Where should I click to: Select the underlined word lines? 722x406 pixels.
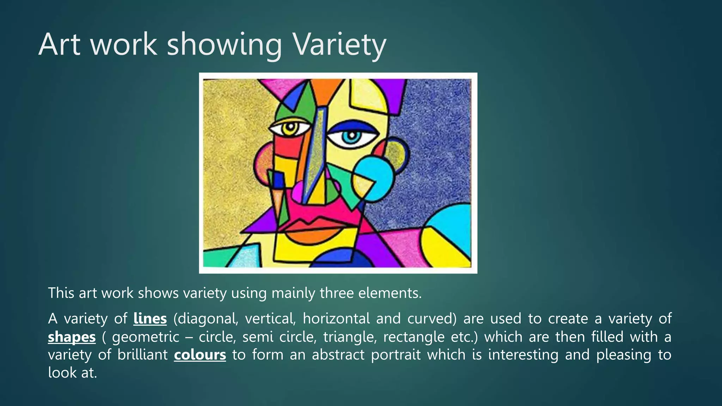(150, 319)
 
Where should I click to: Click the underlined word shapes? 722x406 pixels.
(72, 337)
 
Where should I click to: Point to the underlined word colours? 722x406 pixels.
(200, 355)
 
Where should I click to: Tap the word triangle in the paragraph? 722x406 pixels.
(350, 337)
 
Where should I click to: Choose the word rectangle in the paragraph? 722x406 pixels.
(414, 337)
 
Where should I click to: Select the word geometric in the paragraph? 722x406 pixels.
(146, 337)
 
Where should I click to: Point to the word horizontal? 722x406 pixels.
(336, 319)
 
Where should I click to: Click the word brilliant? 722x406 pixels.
(142, 355)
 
